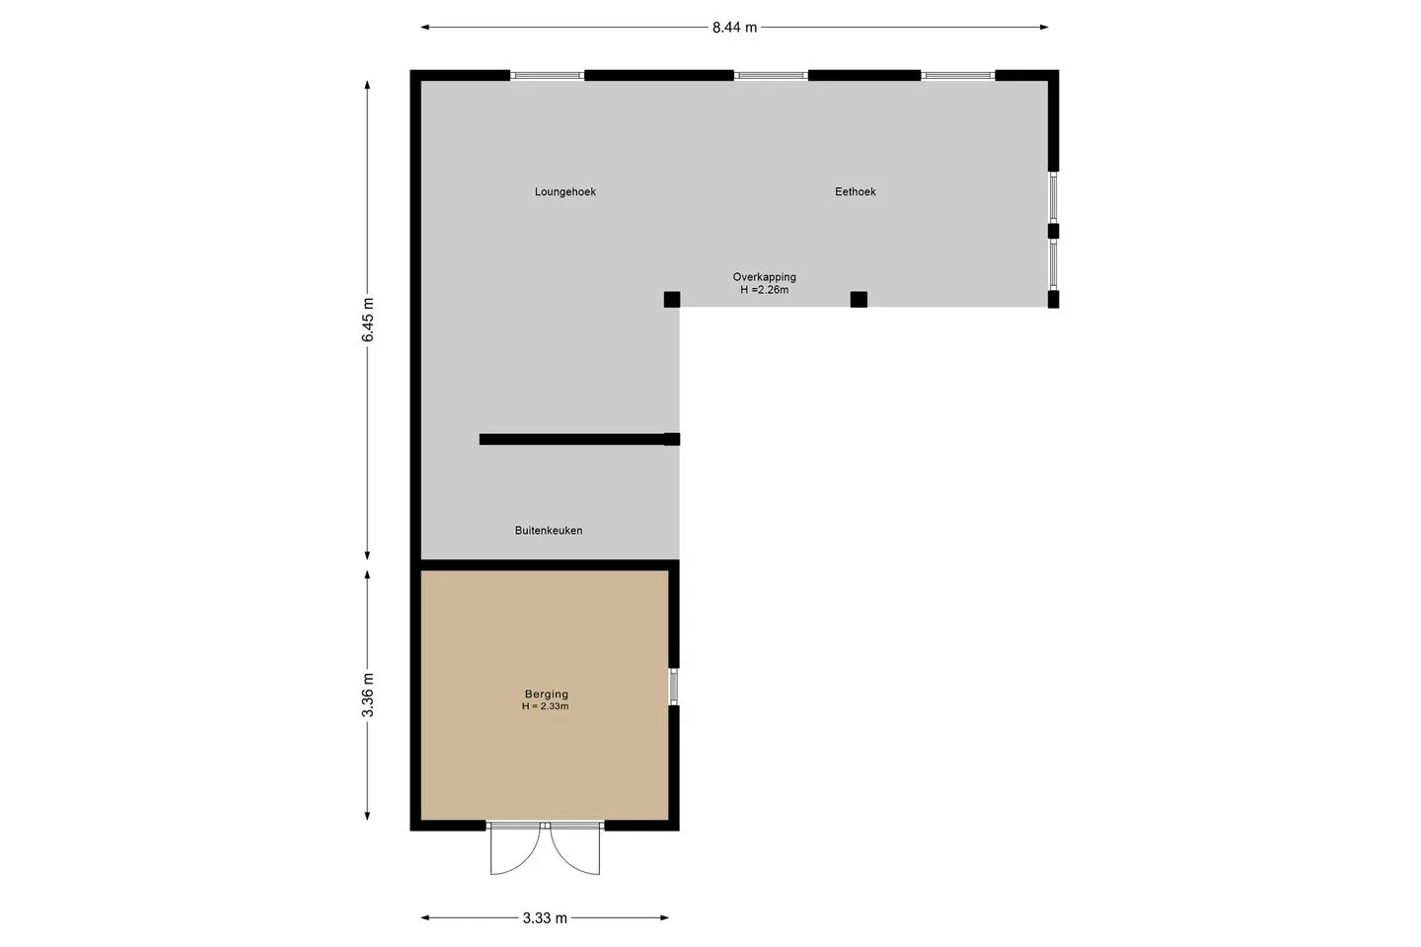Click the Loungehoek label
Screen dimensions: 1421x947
pyautogui.click(x=564, y=191)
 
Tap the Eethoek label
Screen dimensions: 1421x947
pyautogui.click(x=855, y=191)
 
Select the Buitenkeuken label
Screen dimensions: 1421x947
pyautogui.click(x=548, y=531)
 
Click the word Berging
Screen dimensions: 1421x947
pyautogui.click(x=547, y=693)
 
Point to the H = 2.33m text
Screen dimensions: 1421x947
pyautogui.click(x=545, y=706)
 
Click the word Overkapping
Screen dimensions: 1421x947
pyautogui.click(x=764, y=276)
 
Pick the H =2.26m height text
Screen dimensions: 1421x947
pyautogui.click(x=764, y=290)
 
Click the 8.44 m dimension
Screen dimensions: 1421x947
pyautogui.click(x=734, y=28)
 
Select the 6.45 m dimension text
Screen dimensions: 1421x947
pyautogui.click(x=368, y=320)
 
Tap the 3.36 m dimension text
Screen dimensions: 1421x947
pyautogui.click(x=368, y=694)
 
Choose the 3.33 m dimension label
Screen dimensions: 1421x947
pyautogui.click(x=545, y=917)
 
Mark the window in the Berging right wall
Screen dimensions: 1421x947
pyautogui.click(x=674, y=687)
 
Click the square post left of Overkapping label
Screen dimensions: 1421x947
pyautogui.click(x=672, y=299)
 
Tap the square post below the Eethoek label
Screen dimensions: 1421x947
pyautogui.click(x=859, y=299)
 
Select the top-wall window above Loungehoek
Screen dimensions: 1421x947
pyautogui.click(x=547, y=76)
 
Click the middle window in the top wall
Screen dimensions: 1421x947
pyautogui.click(x=771, y=76)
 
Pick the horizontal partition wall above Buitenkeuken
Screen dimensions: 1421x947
pyautogui.click(x=579, y=439)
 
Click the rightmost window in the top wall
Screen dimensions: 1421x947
pyautogui.click(x=958, y=76)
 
